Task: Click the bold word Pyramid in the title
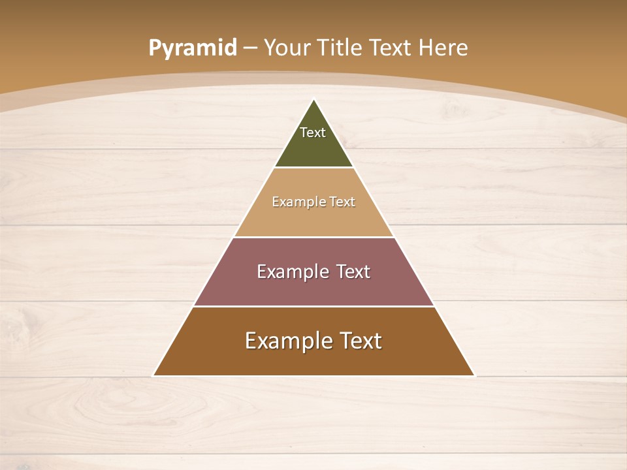[x=193, y=48]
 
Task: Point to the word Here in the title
[x=443, y=48]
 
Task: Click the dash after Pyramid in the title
[x=250, y=48]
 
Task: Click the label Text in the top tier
[x=313, y=133]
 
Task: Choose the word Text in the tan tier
[x=342, y=202]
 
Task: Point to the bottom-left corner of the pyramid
[x=154, y=375]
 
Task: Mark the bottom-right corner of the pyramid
[x=474, y=375]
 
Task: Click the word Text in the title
[x=392, y=48]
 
